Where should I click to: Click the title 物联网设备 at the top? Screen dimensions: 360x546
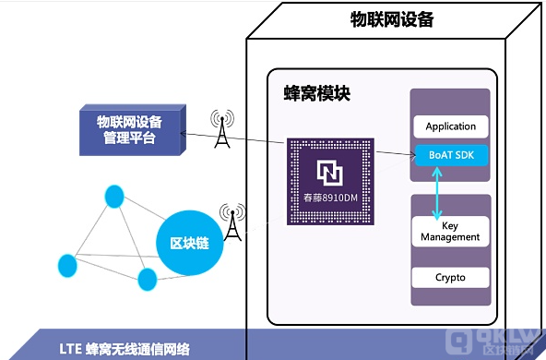click(392, 19)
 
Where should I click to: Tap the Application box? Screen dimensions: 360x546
click(451, 126)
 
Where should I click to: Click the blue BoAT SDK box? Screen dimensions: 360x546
click(451, 154)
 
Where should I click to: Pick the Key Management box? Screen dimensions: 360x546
click(450, 231)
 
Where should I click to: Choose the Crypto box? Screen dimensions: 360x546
click(450, 277)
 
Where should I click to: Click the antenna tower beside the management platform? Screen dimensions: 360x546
click(220, 128)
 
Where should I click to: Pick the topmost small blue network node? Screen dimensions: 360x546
click(113, 196)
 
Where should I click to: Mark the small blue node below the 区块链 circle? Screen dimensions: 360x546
click(147, 279)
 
